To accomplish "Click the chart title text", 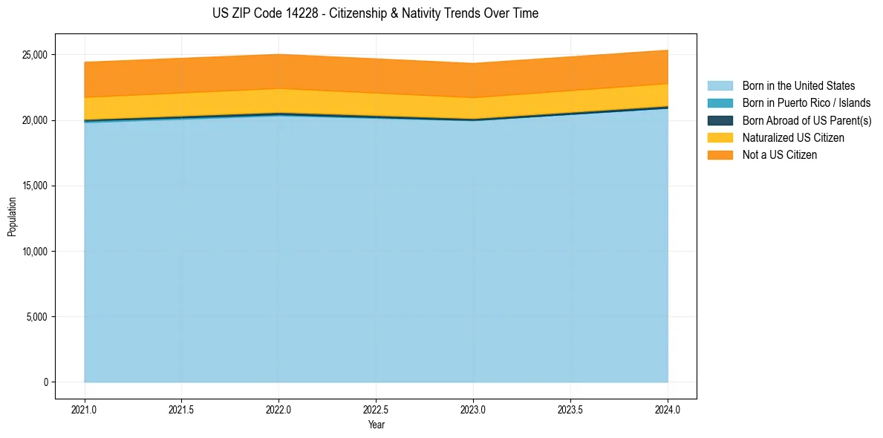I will pos(375,13).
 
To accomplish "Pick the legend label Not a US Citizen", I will pos(779,155).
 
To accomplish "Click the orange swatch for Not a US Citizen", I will pos(720,155).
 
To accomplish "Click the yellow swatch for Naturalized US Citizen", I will pos(720,137).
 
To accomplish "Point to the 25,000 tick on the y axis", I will pos(34,55).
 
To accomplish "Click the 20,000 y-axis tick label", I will pos(34,120).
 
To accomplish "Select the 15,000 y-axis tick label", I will pos(34,186).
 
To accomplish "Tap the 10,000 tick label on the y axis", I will pos(34,252).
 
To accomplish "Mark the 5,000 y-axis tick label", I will pos(36,317).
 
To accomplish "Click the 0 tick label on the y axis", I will pos(45,382).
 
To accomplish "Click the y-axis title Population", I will pos(12,216).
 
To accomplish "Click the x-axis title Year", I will pos(376,425).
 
